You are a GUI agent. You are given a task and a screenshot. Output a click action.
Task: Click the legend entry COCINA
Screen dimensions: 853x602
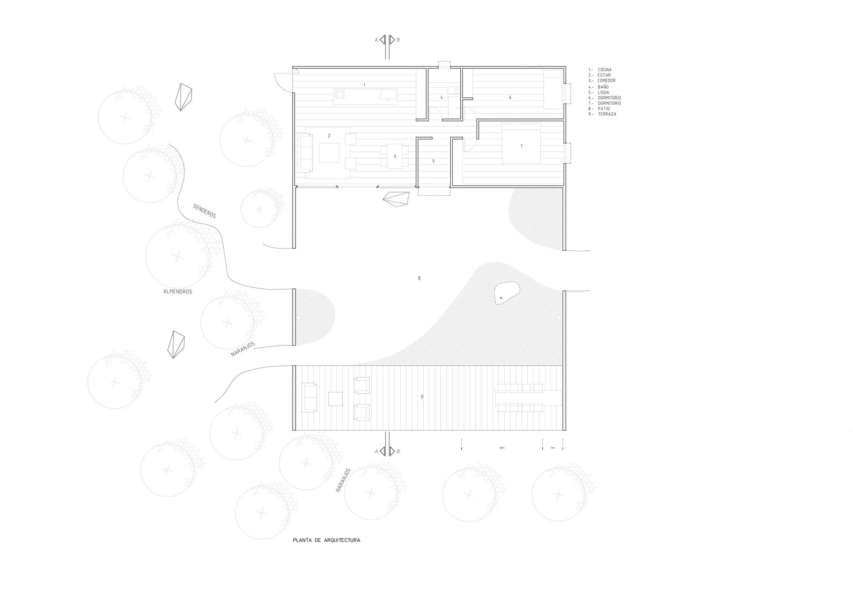(605, 70)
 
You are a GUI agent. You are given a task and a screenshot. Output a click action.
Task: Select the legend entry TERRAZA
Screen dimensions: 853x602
(607, 114)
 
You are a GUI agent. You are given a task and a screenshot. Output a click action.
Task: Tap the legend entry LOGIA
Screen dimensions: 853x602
(603, 92)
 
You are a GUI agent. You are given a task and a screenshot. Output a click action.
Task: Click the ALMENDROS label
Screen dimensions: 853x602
(178, 292)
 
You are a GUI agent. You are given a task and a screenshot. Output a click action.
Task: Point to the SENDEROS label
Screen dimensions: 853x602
(204, 211)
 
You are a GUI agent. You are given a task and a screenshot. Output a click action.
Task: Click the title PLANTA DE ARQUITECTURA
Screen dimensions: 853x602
(327, 541)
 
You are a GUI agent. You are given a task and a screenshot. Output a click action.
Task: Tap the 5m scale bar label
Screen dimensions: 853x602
(502, 448)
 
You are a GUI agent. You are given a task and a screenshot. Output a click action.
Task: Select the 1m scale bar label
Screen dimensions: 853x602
(553, 448)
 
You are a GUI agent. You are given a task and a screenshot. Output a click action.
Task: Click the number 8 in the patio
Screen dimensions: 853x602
(419, 278)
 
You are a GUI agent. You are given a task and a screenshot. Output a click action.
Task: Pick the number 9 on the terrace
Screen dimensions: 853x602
(422, 397)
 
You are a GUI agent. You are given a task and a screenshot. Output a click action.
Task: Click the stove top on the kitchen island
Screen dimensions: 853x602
(339, 94)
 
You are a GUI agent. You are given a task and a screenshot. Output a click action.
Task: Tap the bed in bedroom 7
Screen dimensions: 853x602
(521, 143)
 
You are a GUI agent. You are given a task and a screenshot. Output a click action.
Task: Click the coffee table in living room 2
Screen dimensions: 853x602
(329, 153)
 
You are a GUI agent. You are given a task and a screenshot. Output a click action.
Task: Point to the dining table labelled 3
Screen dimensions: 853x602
(395, 156)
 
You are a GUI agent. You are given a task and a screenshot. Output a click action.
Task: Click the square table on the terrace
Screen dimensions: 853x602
(336, 399)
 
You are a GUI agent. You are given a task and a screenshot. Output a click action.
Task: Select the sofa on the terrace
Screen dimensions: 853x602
(309, 397)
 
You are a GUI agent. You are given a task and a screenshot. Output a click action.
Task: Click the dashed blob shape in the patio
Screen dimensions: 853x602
(507, 293)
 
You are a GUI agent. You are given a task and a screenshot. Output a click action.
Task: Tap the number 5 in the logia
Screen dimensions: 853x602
(434, 162)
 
